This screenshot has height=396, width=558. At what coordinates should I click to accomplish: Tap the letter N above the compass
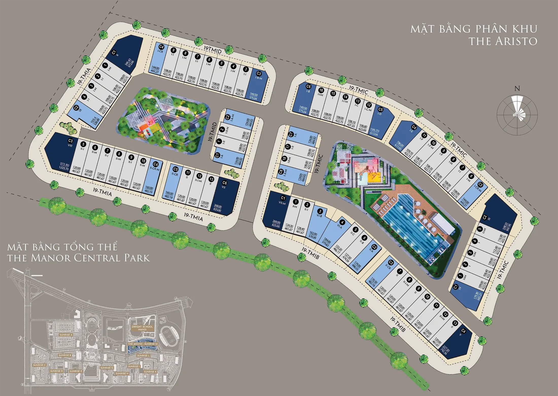coord(517,89)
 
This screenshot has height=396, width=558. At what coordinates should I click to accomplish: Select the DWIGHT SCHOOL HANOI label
coord(142,328)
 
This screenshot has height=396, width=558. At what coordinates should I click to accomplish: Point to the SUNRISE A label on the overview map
coord(66,335)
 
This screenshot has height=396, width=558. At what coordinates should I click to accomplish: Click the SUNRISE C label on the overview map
coord(39,365)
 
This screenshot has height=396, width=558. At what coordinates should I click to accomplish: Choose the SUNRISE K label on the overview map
coord(150,372)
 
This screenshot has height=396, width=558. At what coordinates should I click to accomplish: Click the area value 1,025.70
coord(64,168)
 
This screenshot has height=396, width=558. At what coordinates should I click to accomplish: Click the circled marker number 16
coord(321,90)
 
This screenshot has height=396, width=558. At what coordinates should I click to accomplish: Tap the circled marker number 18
coord(284,159)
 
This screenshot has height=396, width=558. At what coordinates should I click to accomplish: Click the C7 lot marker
coord(291,134)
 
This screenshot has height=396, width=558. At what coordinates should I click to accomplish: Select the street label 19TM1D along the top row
coord(213,50)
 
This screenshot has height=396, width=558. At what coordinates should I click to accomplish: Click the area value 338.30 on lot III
coord(505,225)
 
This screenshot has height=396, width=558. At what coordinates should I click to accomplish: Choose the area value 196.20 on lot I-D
coord(375,130)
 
